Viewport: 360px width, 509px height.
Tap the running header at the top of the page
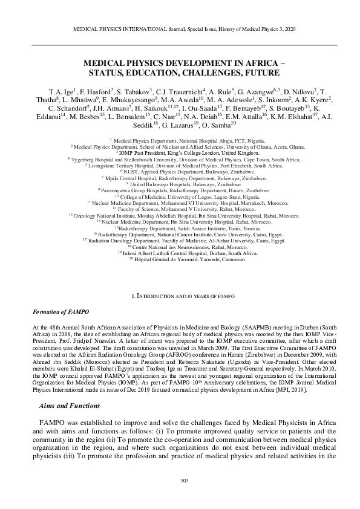(x=180, y=28)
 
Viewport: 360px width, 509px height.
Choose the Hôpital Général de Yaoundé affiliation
(x=180, y=259)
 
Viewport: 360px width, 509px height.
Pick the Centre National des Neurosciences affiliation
(x=180, y=248)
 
